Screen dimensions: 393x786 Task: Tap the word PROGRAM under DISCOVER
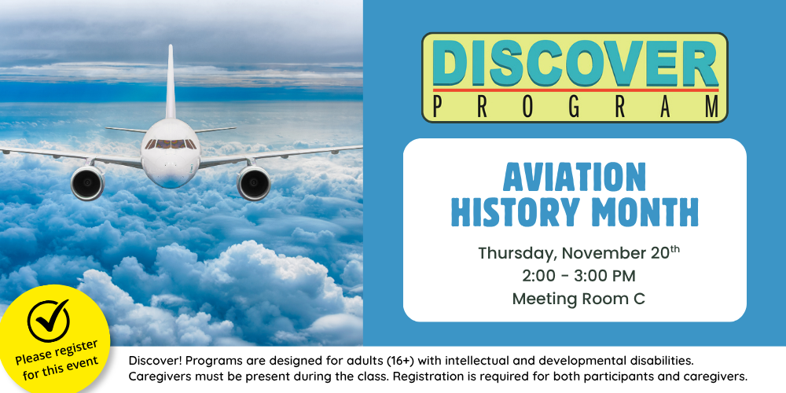575,107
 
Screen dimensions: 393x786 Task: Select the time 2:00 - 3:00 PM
575,276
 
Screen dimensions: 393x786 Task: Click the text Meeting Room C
575,299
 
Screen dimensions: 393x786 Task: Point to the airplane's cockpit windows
170,144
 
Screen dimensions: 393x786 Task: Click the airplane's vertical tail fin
170,79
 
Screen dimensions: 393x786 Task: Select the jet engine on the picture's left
86,182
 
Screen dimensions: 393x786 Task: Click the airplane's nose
170,169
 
